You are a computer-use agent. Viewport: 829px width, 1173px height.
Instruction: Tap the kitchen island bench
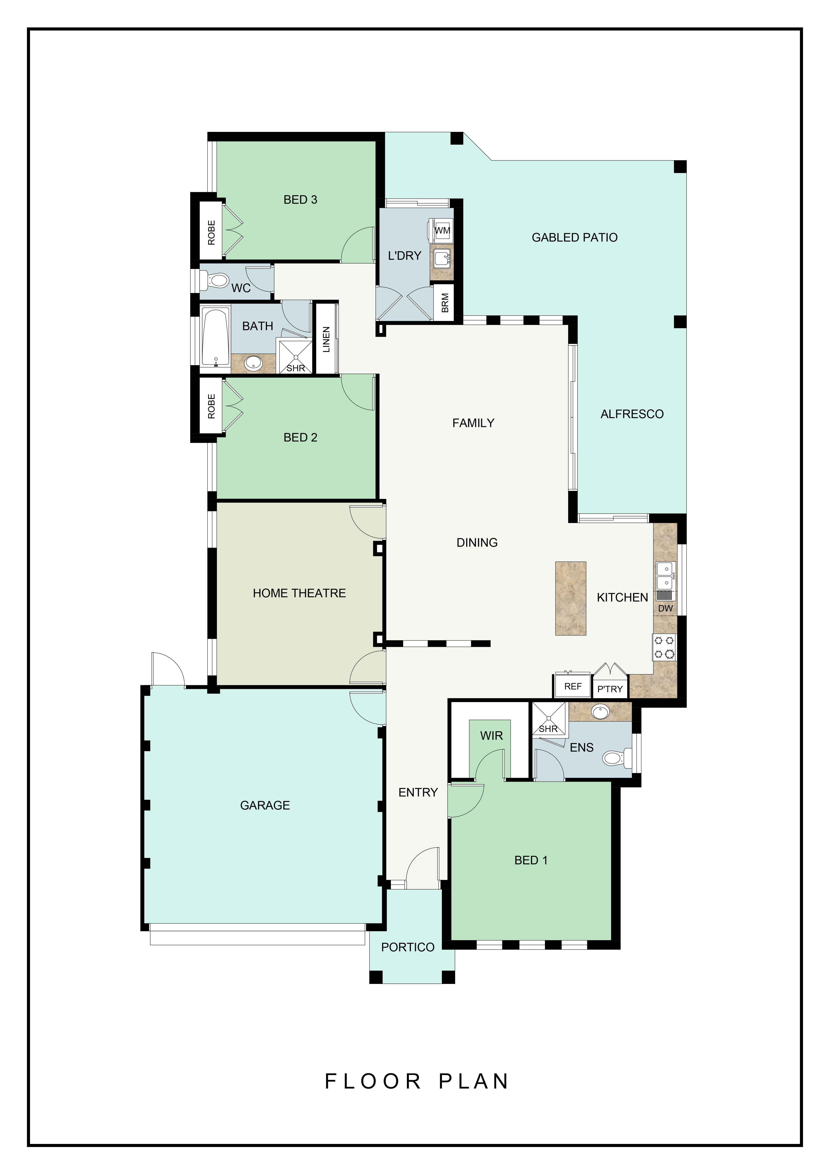coord(570,598)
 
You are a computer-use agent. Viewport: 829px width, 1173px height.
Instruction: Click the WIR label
coord(491,736)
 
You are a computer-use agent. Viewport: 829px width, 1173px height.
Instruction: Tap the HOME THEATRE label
coord(299,593)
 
